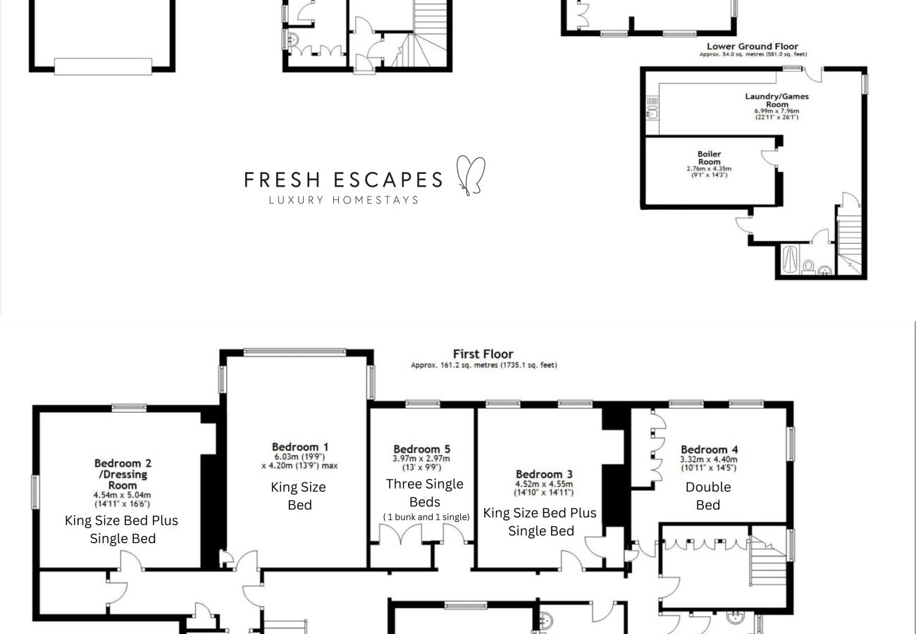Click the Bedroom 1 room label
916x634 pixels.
[x=300, y=447]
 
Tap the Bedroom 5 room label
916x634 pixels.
[x=421, y=449]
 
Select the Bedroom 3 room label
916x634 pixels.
[x=544, y=474]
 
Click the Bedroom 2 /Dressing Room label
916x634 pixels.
[x=123, y=474]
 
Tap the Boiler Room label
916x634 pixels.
[x=709, y=158]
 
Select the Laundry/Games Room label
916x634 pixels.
[x=776, y=100]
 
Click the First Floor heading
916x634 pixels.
[x=483, y=354]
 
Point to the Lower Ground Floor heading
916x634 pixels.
[x=753, y=46]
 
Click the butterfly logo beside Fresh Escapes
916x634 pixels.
[x=471, y=175]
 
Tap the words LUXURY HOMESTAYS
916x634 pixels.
[x=344, y=200]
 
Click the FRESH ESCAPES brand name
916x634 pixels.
[x=343, y=180]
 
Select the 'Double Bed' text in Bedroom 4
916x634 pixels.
[x=707, y=496]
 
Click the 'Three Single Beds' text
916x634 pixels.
[x=424, y=493]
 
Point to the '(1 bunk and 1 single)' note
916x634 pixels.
[x=426, y=517]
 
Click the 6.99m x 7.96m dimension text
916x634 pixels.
[x=776, y=111]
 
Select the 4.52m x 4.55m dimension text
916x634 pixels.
[x=544, y=485]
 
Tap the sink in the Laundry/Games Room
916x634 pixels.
[x=652, y=108]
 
